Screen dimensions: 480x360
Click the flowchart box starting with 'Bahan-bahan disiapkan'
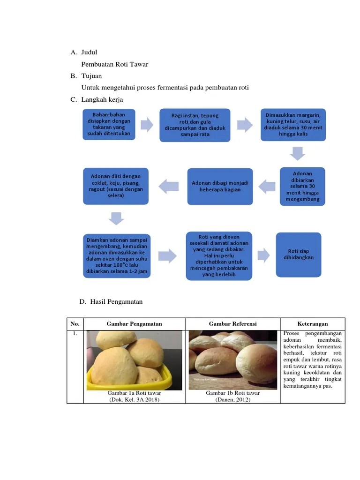tap(109, 125)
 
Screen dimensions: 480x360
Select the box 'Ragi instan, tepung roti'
tap(195, 125)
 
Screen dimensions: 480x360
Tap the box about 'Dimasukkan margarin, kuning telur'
tap(293, 124)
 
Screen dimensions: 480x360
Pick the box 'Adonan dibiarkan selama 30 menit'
tap(302, 186)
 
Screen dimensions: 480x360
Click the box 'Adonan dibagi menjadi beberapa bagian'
tap(220, 186)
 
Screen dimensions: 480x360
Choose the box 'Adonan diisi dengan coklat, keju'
tap(116, 186)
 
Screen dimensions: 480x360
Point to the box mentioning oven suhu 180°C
tap(117, 256)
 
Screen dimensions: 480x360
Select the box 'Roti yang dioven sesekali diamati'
tap(219, 256)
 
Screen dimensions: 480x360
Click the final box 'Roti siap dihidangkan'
tap(299, 255)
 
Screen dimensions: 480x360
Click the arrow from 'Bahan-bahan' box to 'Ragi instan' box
tap(147, 125)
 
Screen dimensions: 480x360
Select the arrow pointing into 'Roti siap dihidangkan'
tap(264, 255)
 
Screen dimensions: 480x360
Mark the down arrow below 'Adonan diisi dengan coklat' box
tap(116, 218)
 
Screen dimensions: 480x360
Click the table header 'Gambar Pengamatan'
tap(134, 324)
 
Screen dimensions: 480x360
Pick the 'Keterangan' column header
tap(312, 324)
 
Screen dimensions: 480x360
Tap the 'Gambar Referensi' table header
tap(232, 324)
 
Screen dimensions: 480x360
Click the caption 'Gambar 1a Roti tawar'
tap(134, 393)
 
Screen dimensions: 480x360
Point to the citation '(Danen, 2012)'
tap(233, 399)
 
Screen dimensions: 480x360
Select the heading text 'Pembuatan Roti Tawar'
tap(115, 64)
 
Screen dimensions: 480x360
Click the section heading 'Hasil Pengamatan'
tap(117, 302)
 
